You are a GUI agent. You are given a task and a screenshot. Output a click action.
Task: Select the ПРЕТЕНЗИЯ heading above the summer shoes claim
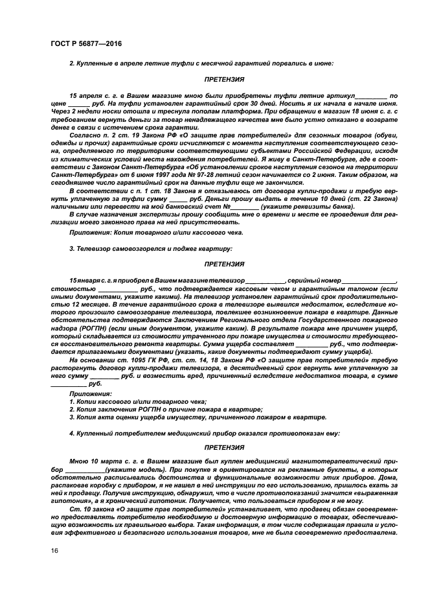(224, 79)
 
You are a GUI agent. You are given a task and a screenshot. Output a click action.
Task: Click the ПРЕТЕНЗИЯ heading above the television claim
(224, 264)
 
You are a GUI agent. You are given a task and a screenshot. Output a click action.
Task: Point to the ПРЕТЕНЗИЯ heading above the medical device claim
(224, 447)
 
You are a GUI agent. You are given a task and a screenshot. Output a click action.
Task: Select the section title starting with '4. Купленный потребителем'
(200, 432)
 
